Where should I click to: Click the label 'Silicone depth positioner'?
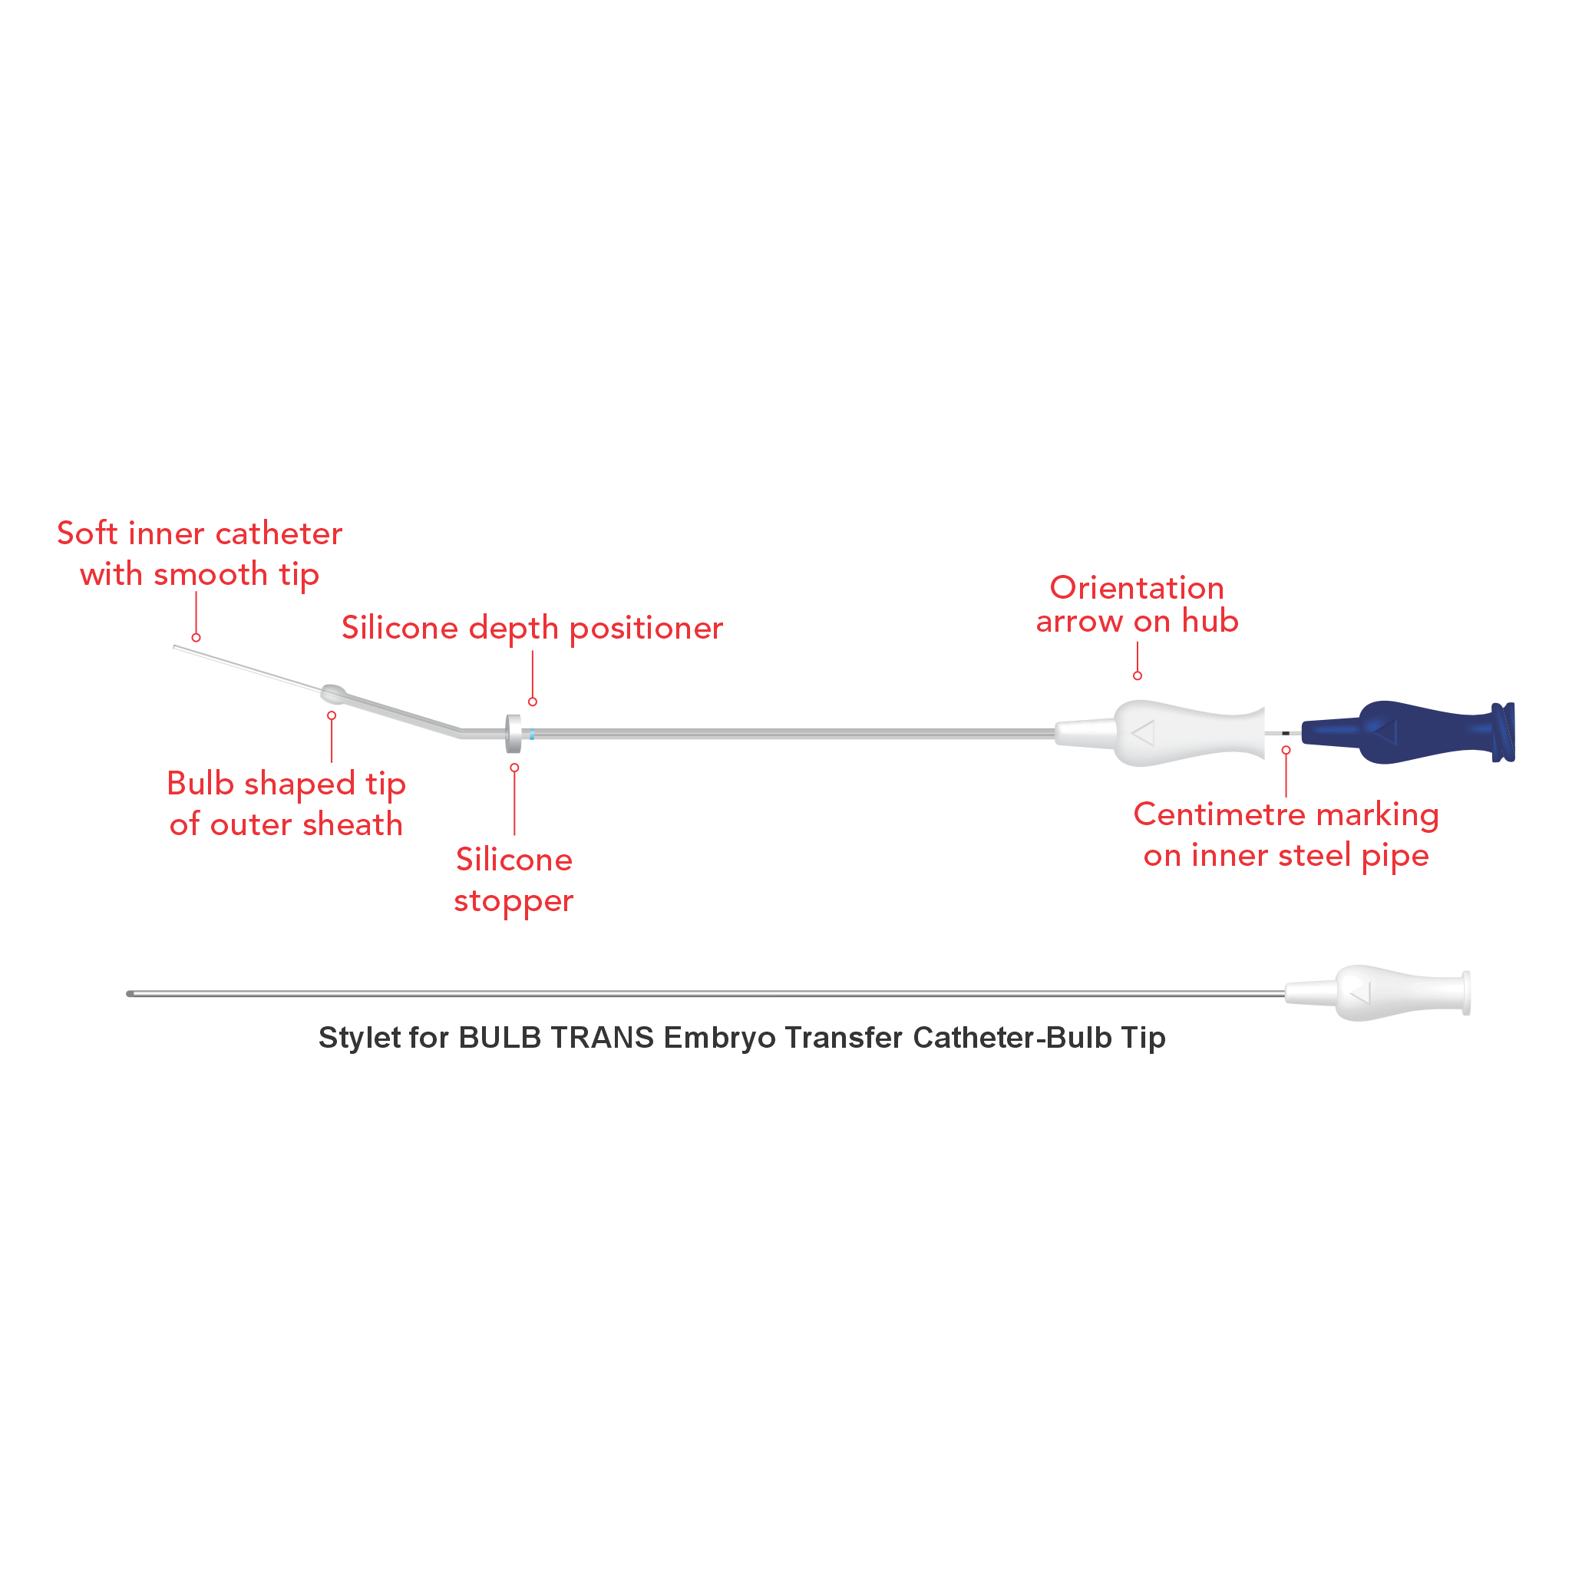coord(531,628)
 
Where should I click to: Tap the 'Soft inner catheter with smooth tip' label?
coord(200,554)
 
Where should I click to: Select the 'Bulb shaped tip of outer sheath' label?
coord(286,804)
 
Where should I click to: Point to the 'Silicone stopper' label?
coord(514,880)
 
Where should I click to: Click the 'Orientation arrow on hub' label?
coord(1137,605)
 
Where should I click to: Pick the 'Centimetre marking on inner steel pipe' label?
coord(1286,835)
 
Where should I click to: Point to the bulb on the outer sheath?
coord(333,694)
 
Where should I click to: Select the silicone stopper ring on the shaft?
coord(514,734)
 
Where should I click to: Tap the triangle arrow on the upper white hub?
coord(1143,733)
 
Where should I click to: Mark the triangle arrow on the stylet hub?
coord(1360,993)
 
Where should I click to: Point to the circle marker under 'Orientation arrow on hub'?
coord(1138,675)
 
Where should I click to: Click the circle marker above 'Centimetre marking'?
coord(1286,750)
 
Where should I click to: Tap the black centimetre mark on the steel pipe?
coord(1286,734)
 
